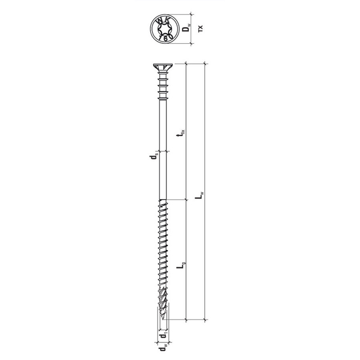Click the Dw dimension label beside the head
click(x=186, y=28)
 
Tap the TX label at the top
click(x=201, y=28)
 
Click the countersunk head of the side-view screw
click(x=162, y=67)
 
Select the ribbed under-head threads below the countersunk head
click(x=162, y=87)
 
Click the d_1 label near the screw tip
click(x=163, y=336)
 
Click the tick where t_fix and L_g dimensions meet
click(x=185, y=201)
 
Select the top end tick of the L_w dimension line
click(x=206, y=63)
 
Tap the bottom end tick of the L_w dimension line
click(x=206, y=321)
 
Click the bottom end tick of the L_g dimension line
click(x=185, y=321)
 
